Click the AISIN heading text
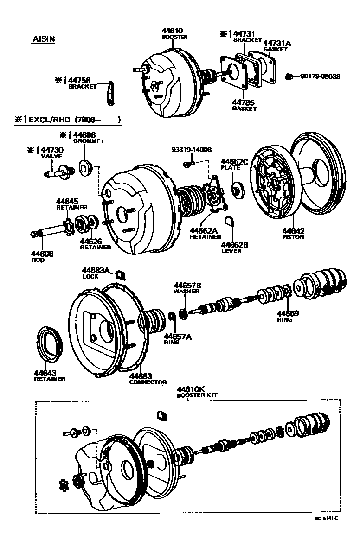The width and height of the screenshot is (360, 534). (x=43, y=39)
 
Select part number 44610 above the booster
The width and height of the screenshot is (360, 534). (x=172, y=31)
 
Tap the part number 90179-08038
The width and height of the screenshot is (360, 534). (x=320, y=76)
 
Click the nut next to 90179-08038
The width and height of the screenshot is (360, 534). (x=288, y=76)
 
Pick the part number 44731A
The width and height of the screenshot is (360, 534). (x=277, y=43)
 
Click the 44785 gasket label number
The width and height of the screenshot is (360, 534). (x=244, y=103)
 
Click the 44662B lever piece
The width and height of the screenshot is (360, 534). (x=229, y=221)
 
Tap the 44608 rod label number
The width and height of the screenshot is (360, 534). (x=42, y=254)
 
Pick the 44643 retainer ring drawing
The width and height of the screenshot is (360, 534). (x=49, y=344)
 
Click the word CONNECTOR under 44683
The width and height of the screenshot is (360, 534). (x=148, y=382)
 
